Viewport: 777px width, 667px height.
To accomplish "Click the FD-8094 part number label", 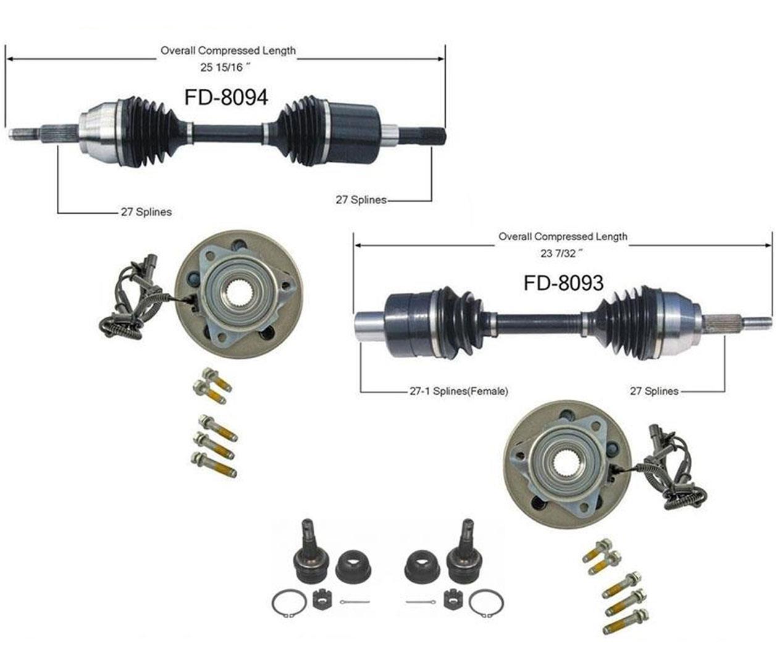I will point(226,97).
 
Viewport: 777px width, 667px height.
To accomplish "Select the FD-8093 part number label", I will point(563,282).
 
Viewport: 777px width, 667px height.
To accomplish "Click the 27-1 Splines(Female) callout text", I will point(458,391).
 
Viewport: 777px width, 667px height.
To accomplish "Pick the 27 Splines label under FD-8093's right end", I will point(653,391).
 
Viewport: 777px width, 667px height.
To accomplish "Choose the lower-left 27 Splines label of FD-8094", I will point(146,212).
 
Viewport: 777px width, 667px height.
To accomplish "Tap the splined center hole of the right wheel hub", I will point(566,461).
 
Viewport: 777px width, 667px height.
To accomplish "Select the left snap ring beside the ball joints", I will point(289,603).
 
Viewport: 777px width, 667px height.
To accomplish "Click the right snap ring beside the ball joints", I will point(486,603).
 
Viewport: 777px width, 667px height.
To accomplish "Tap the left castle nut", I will point(319,599).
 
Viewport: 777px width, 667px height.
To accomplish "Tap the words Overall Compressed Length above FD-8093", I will point(563,237).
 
